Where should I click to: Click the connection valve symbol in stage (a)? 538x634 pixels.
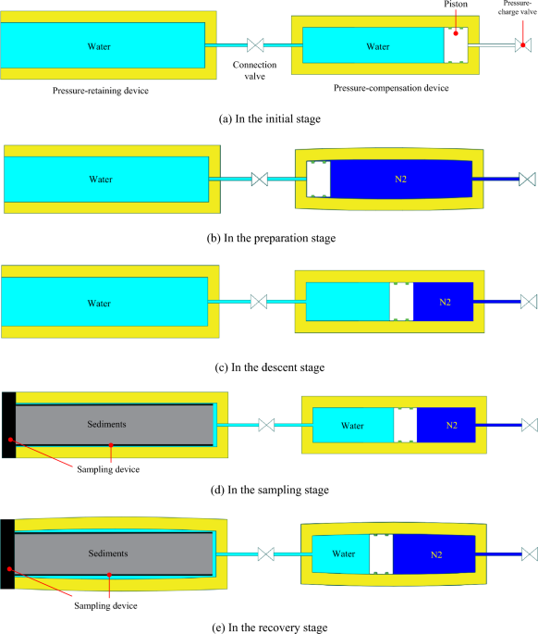(256, 45)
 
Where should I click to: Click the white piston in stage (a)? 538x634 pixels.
(455, 45)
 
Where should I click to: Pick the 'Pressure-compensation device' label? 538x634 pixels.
(391, 88)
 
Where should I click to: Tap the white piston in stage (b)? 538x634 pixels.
(318, 178)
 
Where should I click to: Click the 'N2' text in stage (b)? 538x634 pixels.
(400, 178)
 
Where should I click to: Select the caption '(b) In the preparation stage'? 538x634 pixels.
(270, 238)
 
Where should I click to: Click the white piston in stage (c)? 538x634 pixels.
(401, 302)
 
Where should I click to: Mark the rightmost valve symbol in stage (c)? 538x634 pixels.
(529, 302)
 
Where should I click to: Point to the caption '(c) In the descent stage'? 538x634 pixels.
(269, 367)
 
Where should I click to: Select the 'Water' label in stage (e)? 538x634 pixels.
(341, 554)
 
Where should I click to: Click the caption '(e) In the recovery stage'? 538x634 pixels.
(269, 627)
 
